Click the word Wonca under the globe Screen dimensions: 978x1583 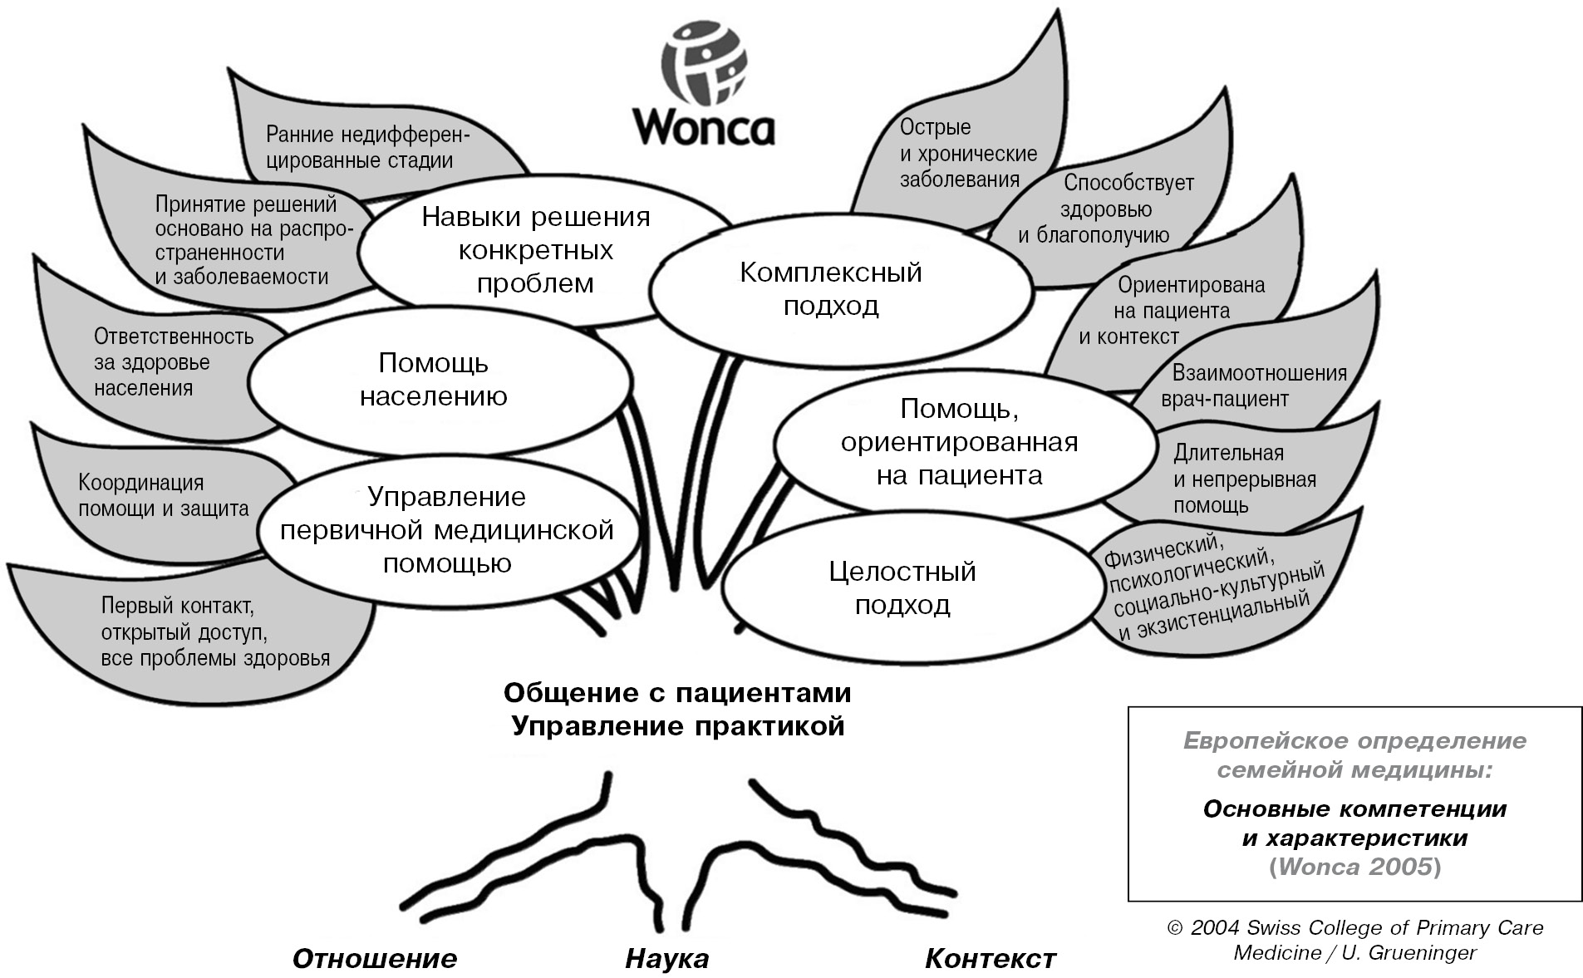(703, 127)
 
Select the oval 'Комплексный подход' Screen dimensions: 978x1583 (831, 289)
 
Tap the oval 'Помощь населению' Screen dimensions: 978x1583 (433, 380)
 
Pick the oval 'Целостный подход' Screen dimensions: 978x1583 (902, 588)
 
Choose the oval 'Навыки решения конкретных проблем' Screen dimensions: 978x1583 (536, 250)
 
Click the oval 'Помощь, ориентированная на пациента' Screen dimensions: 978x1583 (960, 442)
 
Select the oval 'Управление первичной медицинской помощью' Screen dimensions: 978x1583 (447, 530)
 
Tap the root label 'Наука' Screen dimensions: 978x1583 (666, 959)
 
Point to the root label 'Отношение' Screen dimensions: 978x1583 (375, 959)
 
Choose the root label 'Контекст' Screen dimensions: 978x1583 (991, 959)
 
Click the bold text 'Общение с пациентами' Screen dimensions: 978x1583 (677, 692)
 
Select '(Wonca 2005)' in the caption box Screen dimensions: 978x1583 (1354, 867)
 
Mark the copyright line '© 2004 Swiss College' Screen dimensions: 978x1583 (1354, 928)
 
